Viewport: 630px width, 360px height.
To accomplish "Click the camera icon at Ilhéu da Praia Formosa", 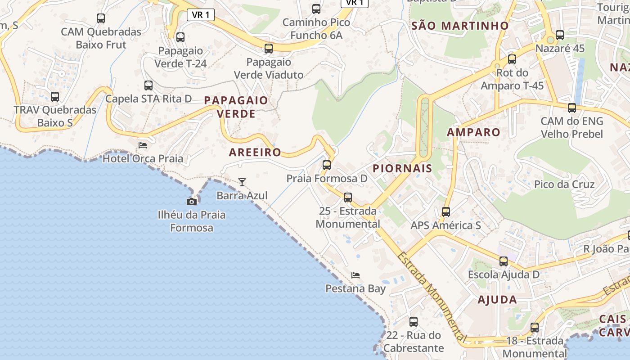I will coord(192,202).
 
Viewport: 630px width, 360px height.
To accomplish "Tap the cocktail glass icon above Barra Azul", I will coord(242,182).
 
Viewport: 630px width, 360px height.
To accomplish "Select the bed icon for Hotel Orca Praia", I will coord(143,145).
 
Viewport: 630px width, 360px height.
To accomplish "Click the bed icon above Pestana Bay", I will coord(355,275).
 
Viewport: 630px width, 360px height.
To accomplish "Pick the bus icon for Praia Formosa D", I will coord(327,165).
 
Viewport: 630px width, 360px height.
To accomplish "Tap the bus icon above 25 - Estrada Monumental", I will coord(348,198).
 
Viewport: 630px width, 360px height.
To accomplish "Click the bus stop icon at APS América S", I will coord(446,212).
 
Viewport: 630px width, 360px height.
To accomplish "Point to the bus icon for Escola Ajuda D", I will coord(504,261).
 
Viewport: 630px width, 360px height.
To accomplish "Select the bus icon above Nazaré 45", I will coord(560,35).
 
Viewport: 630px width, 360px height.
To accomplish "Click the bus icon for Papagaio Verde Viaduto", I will coord(269,49).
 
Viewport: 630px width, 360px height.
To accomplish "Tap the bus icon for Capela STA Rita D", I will coord(148,85).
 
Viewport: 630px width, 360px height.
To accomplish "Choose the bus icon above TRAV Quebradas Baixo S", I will coord(55,97).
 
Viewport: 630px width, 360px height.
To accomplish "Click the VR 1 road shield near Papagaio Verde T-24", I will coord(201,15).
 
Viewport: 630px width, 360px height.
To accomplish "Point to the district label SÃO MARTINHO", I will coord(460,26).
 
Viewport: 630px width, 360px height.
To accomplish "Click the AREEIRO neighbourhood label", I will coord(255,152).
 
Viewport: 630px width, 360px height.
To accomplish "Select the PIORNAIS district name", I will coord(402,168).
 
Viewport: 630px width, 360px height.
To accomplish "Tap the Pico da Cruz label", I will coord(564,184).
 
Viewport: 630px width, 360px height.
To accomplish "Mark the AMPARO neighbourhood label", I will coord(473,132).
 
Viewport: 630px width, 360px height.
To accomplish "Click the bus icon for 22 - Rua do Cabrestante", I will coord(414,322).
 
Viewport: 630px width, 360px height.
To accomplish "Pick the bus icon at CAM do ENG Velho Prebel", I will coord(572,108).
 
